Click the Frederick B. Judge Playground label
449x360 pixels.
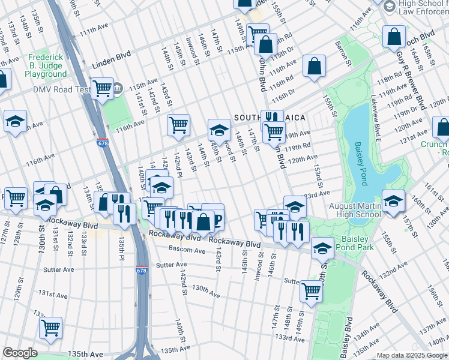coord(46,65)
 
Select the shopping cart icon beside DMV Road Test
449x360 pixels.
coord(103,89)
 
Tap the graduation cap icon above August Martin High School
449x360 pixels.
coord(393,201)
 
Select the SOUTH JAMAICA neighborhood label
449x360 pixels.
coord(270,116)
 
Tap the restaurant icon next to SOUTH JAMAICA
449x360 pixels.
coord(272,119)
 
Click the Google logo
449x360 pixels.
coord(20,353)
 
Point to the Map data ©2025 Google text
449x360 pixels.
coord(412,355)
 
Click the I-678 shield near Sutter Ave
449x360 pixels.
coord(142,271)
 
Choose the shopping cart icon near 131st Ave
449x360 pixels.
coord(51,328)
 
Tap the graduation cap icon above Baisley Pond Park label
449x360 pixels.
coord(322,247)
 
